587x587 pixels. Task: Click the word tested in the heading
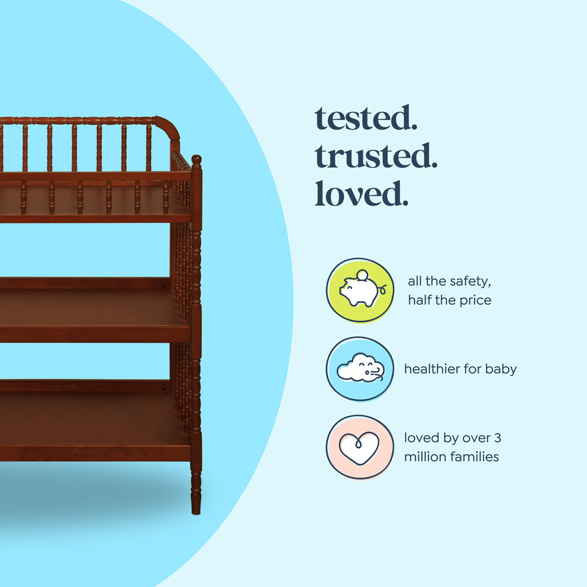(365, 119)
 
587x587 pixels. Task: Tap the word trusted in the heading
(376, 156)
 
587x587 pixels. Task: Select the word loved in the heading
(361, 194)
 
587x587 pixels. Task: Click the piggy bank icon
(360, 290)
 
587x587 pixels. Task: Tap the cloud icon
(360, 369)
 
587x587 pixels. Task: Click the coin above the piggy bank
(362, 275)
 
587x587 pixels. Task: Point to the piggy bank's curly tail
(383, 290)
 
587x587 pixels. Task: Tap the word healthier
(433, 369)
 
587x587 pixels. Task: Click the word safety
(463, 281)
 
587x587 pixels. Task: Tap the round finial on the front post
(196, 160)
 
